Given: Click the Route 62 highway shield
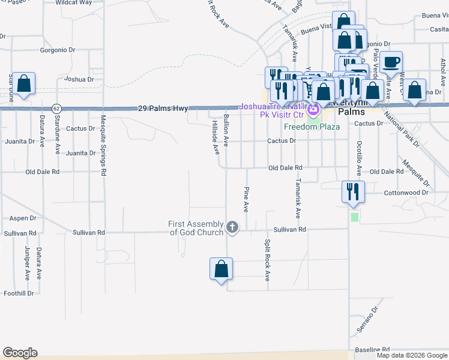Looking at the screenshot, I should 56,109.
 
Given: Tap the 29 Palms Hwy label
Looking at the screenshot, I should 163,109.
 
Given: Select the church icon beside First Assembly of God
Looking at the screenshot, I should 232,227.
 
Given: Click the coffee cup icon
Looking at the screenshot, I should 391,62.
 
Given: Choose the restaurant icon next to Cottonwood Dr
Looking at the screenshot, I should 352,192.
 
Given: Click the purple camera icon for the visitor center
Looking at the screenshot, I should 313,110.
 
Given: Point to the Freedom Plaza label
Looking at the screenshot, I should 312,127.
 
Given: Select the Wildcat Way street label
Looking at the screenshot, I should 74,2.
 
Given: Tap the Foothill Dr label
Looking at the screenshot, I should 19,293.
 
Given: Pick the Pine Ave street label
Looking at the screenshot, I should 246,199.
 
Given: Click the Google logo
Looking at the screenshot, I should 20,353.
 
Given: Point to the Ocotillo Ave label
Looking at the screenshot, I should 359,158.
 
